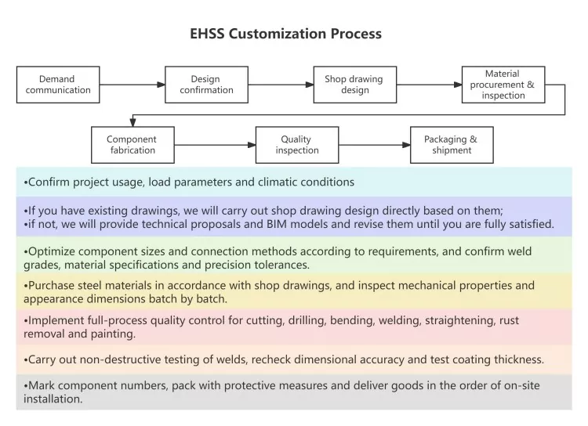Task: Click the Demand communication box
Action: click(58, 85)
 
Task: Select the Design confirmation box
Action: click(207, 85)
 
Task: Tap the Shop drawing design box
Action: click(354, 85)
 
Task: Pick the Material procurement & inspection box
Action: click(503, 85)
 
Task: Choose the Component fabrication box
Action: click(132, 145)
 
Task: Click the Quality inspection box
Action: click(297, 145)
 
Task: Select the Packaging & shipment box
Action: click(452, 145)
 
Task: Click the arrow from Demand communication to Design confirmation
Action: click(132, 85)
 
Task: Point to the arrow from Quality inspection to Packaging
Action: click(375, 145)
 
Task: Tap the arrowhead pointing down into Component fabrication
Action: click(132, 122)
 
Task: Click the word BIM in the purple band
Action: click(277, 224)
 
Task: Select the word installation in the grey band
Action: click(53, 399)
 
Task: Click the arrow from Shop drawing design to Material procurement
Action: click(430, 85)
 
